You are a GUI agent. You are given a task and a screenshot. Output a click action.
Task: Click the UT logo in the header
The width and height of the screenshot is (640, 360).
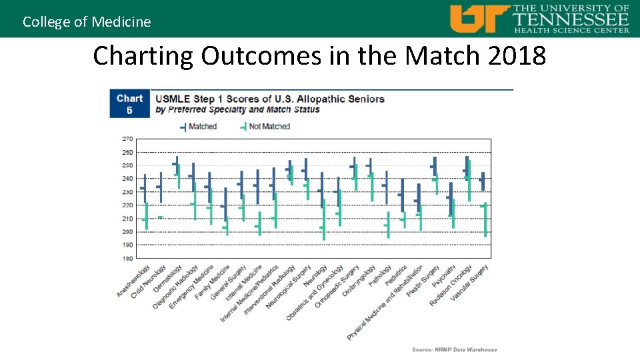pos(479,19)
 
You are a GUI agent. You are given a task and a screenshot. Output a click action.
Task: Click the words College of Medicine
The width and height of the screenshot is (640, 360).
pos(87,21)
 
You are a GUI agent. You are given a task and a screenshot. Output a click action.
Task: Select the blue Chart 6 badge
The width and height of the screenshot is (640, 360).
pos(129,104)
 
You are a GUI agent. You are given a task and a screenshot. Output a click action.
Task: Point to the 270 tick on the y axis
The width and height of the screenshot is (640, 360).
pos(127,139)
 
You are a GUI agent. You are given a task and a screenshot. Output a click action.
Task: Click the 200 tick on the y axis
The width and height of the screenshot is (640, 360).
pos(127,232)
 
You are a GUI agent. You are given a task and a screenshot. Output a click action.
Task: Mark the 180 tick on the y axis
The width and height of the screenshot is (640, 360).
pos(127,258)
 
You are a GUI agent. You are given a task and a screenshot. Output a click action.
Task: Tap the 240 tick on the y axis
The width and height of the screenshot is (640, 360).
pos(127,179)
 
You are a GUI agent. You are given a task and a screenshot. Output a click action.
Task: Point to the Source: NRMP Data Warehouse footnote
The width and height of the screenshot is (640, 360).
pos(454,349)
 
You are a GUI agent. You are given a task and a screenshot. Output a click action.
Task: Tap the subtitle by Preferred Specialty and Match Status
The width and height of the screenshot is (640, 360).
pos(237,109)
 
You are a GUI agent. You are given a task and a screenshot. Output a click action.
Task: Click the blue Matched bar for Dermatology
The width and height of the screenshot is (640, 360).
pos(177,163)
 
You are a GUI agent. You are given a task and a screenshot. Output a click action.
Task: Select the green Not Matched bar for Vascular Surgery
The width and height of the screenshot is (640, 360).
pos(485,220)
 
